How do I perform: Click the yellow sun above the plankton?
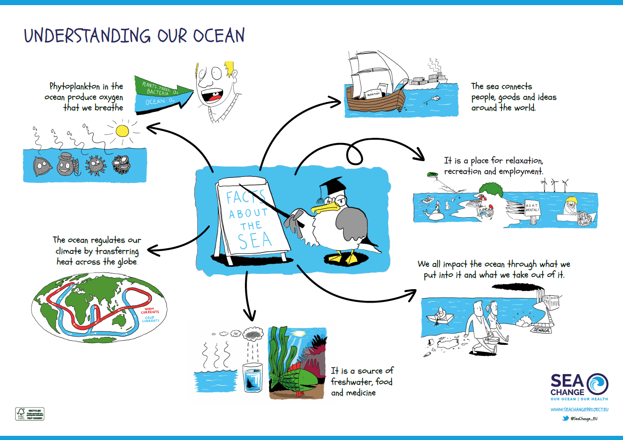click(122, 130)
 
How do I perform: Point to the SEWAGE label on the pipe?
click(541, 330)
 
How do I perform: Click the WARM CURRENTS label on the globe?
click(149, 311)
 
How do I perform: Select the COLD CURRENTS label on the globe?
click(150, 319)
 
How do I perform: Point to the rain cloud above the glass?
click(254, 333)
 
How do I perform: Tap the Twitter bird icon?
click(565, 418)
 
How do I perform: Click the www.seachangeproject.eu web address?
click(579, 409)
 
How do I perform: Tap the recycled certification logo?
click(30, 414)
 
